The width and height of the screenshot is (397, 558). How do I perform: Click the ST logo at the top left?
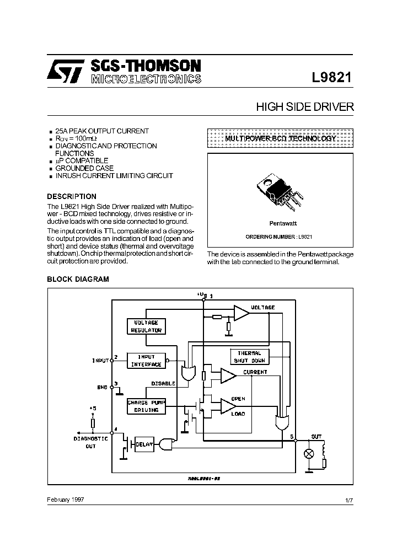point(64,71)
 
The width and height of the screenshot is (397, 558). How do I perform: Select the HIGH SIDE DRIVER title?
point(304,107)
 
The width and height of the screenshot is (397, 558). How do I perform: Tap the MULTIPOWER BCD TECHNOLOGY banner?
point(280,139)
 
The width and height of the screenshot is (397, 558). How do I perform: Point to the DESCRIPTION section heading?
point(72,196)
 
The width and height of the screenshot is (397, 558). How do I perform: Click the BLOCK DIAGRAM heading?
point(78,279)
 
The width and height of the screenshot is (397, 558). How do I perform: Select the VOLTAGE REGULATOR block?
point(146,326)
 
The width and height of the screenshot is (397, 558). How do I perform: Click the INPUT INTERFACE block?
point(146,361)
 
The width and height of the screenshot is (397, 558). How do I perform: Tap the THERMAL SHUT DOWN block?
point(249,356)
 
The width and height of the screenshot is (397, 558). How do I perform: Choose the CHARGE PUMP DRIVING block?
point(146,406)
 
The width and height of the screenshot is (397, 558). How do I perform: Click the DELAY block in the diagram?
point(144,444)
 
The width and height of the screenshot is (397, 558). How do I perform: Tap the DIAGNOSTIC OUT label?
point(90,442)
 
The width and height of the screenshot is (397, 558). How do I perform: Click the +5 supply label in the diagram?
point(93,409)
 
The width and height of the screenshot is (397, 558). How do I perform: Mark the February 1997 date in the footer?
point(66,499)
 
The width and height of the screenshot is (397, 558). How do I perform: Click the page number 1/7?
point(348,500)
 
